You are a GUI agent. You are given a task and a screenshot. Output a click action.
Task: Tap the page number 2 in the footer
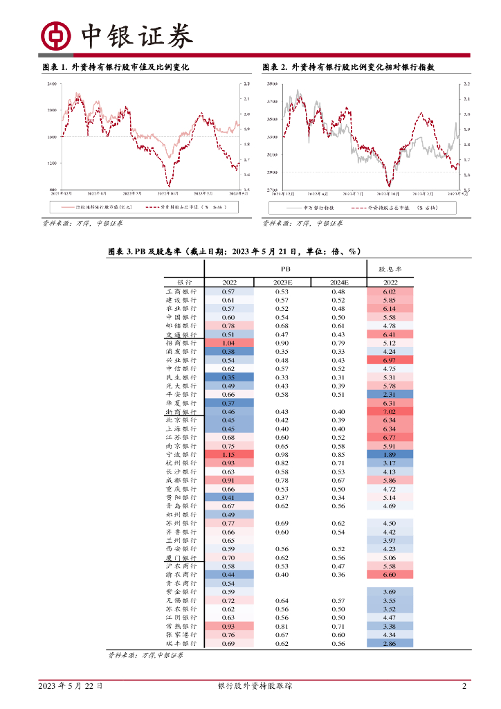pyautogui.click(x=464, y=686)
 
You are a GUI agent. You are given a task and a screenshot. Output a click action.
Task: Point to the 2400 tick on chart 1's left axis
pyautogui.click(x=51, y=84)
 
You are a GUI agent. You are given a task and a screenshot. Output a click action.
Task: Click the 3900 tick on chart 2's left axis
pyautogui.click(x=271, y=84)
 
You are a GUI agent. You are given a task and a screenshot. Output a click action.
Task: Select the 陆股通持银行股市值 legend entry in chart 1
pyautogui.click(x=97, y=207)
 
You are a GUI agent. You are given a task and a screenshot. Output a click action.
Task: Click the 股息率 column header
pyautogui.click(x=389, y=268)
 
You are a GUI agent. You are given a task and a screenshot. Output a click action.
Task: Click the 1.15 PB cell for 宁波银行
pyautogui.click(x=228, y=454)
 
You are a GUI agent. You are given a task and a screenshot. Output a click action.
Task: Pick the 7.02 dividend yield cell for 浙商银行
pyautogui.click(x=389, y=411)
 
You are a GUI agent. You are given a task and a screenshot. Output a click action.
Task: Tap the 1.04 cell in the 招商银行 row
pyautogui.click(x=228, y=343)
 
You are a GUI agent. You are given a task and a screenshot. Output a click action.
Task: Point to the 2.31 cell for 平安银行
pyautogui.click(x=389, y=394)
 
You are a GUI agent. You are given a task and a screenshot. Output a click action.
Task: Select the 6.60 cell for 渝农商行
pyautogui.click(x=389, y=575)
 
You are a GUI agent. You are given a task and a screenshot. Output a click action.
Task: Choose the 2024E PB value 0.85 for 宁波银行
pyautogui.click(x=338, y=454)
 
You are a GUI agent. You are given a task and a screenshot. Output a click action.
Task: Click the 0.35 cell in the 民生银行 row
pyautogui.click(x=228, y=377)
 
